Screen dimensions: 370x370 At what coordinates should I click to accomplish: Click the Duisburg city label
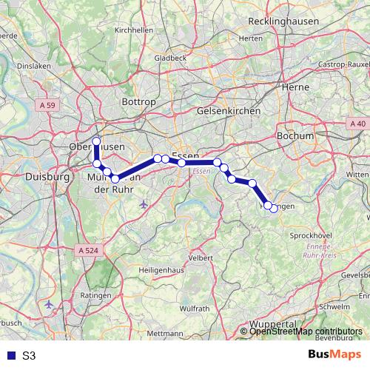[47, 178]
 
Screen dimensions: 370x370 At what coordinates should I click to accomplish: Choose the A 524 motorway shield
[87, 251]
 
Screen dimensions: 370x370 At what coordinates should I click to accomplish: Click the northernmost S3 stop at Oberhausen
[96, 141]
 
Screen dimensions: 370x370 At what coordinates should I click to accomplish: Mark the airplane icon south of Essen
[143, 203]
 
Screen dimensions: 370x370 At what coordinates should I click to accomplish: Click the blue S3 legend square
[11, 355]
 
